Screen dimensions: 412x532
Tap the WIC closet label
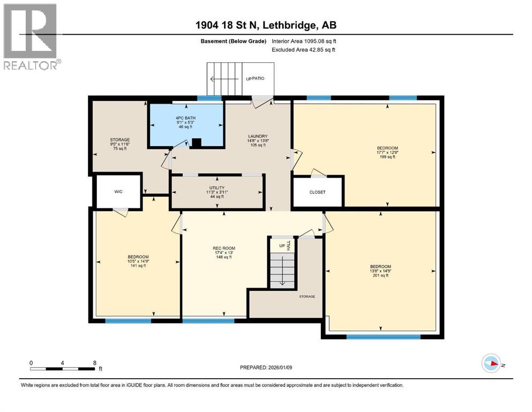(118, 191)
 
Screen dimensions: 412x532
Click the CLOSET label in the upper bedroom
(317, 192)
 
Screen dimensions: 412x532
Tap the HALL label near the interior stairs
(288, 246)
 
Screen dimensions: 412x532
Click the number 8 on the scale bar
(94, 363)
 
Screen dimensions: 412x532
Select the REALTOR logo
(31, 37)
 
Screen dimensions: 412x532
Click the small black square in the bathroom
(197, 143)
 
